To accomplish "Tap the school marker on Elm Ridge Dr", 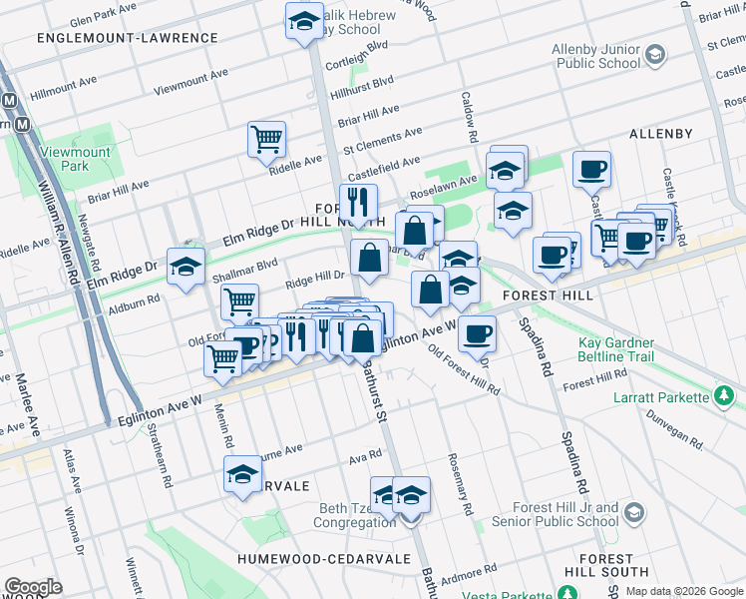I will coord(186,267).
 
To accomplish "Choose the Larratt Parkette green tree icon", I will coord(725,397).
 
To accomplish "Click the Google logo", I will coord(33,587).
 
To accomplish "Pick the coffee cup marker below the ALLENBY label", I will coord(591,169).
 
